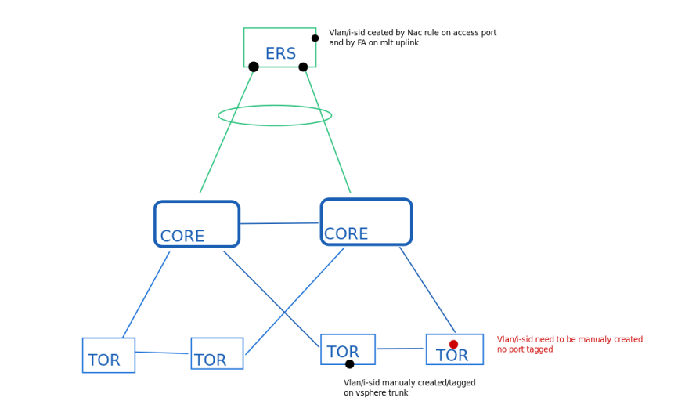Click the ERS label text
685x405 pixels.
tap(280, 54)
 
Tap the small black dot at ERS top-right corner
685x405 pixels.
tap(315, 38)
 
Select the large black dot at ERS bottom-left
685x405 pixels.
tap(254, 67)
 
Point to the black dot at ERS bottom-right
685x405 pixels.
tap(303, 67)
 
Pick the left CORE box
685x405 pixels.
tap(196, 223)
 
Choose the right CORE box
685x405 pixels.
tap(366, 222)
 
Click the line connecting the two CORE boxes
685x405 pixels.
tap(279, 223)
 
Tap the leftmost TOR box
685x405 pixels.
tap(109, 355)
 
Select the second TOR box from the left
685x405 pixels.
tap(217, 353)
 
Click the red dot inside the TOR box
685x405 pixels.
tap(453, 345)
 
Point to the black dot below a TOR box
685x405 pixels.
tap(349, 364)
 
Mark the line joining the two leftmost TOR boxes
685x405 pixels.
tap(163, 353)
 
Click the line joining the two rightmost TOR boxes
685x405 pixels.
tap(400, 349)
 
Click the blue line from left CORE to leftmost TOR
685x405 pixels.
tap(146, 295)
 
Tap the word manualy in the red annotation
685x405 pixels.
tap(582, 339)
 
